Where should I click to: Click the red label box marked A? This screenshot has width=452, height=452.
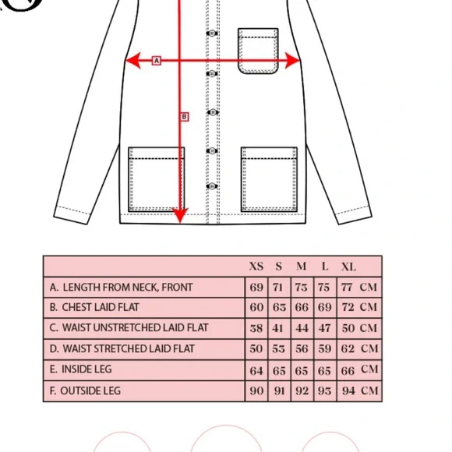pyautogui.click(x=156, y=61)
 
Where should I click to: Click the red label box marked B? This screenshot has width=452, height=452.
pyautogui.click(x=185, y=117)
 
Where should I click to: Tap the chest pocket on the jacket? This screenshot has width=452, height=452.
pyautogui.click(x=258, y=51)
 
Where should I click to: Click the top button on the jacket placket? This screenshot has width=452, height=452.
pyautogui.click(x=212, y=34)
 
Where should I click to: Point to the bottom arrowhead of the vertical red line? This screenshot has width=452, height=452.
pyautogui.click(x=180, y=215)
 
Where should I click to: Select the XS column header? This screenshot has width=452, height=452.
pyautogui.click(x=256, y=267)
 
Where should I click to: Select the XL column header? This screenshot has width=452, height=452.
pyautogui.click(x=348, y=267)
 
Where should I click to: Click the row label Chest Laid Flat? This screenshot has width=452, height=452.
pyautogui.click(x=94, y=307)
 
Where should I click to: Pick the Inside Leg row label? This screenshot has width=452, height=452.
pyautogui.click(x=80, y=369)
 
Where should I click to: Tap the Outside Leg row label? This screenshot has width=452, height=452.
pyautogui.click(x=85, y=391)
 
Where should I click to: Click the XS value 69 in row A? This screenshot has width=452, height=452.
pyautogui.click(x=256, y=288)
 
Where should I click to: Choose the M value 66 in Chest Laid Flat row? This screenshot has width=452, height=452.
pyautogui.click(x=302, y=307)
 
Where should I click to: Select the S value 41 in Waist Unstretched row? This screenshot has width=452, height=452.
pyautogui.click(x=278, y=328)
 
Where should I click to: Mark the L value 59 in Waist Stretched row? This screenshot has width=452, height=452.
pyautogui.click(x=325, y=349)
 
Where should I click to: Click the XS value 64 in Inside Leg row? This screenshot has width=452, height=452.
pyautogui.click(x=256, y=371)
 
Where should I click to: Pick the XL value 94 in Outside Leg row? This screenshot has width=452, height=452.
pyautogui.click(x=348, y=391)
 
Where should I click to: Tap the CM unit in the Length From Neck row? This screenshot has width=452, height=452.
pyautogui.click(x=369, y=287)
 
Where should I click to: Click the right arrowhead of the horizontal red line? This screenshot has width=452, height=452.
pyautogui.click(x=292, y=61)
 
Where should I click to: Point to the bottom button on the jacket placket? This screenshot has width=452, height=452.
pyautogui.click(x=212, y=186)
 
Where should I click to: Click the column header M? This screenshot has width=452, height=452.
pyautogui.click(x=302, y=267)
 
